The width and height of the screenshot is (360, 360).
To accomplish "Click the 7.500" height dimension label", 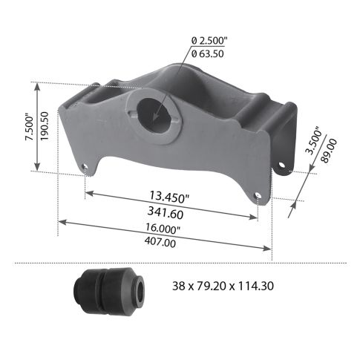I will coord(28,127).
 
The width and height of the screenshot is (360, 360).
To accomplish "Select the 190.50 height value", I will coord(44,127).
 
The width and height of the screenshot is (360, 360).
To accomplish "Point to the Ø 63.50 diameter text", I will coord(209,53).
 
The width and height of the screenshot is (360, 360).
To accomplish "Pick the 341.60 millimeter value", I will coord(165,212).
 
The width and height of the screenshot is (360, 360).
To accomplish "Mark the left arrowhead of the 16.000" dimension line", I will coord(61,221).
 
